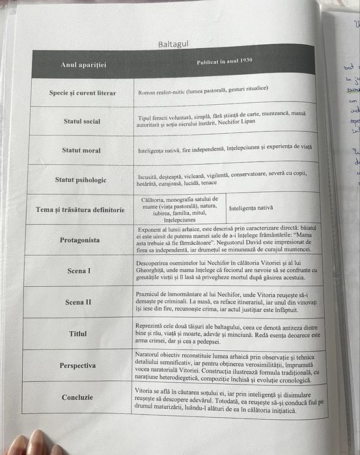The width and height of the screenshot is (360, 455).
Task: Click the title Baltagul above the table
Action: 173,44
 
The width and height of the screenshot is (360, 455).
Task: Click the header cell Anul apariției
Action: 83,64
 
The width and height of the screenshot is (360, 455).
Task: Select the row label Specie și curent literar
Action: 83,93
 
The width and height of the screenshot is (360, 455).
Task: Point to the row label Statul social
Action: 82,121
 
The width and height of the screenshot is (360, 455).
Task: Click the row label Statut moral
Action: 81,150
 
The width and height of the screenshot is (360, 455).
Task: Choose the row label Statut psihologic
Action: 81,180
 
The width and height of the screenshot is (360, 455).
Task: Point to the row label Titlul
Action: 78,334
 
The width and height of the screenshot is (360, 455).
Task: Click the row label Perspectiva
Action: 77,365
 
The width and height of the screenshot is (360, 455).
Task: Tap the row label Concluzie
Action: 77,397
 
